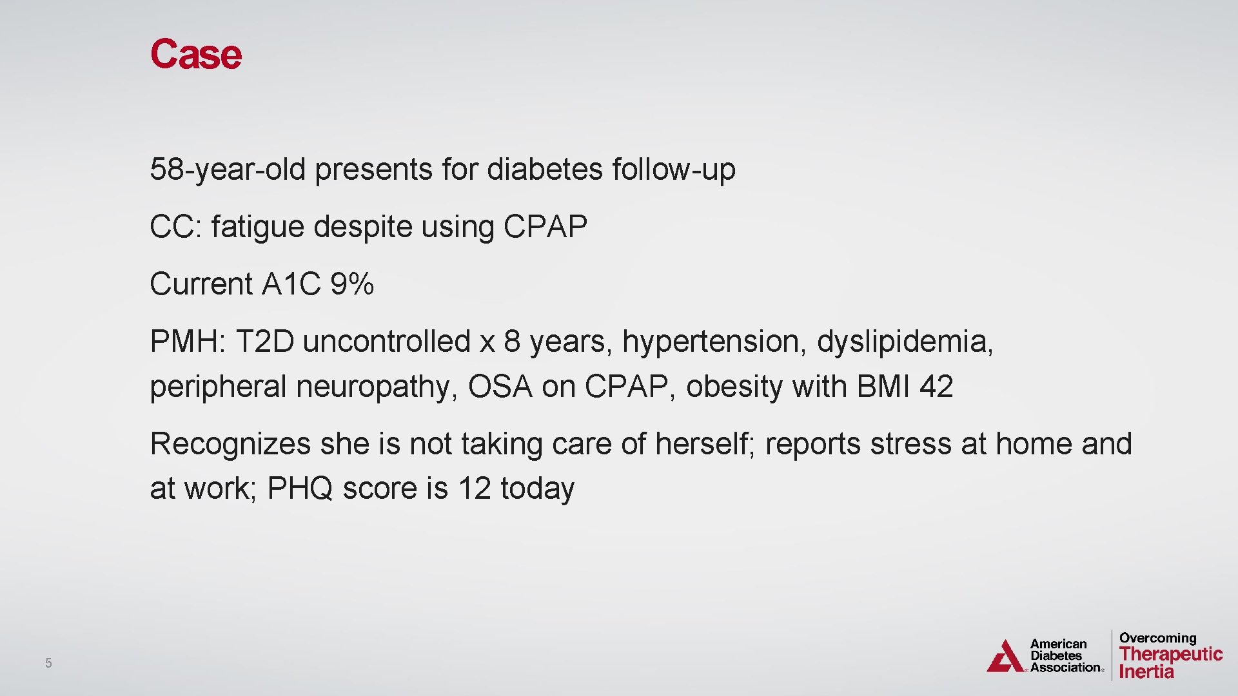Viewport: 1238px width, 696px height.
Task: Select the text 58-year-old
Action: [x=227, y=169]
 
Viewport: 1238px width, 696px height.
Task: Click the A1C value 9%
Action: [x=352, y=284]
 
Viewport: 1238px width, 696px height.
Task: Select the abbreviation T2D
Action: [x=264, y=342]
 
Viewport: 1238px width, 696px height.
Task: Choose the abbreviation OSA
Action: [x=500, y=387]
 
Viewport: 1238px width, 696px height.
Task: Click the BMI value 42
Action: [x=936, y=387]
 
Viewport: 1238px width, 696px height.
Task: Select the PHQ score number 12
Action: [x=474, y=488]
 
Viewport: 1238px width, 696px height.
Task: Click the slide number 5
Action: [x=48, y=662]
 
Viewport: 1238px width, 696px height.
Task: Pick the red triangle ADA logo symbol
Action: [x=1005, y=657]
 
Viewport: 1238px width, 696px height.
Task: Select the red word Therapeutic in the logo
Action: [x=1170, y=653]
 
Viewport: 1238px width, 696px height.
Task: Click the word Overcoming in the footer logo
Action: [x=1157, y=638]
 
